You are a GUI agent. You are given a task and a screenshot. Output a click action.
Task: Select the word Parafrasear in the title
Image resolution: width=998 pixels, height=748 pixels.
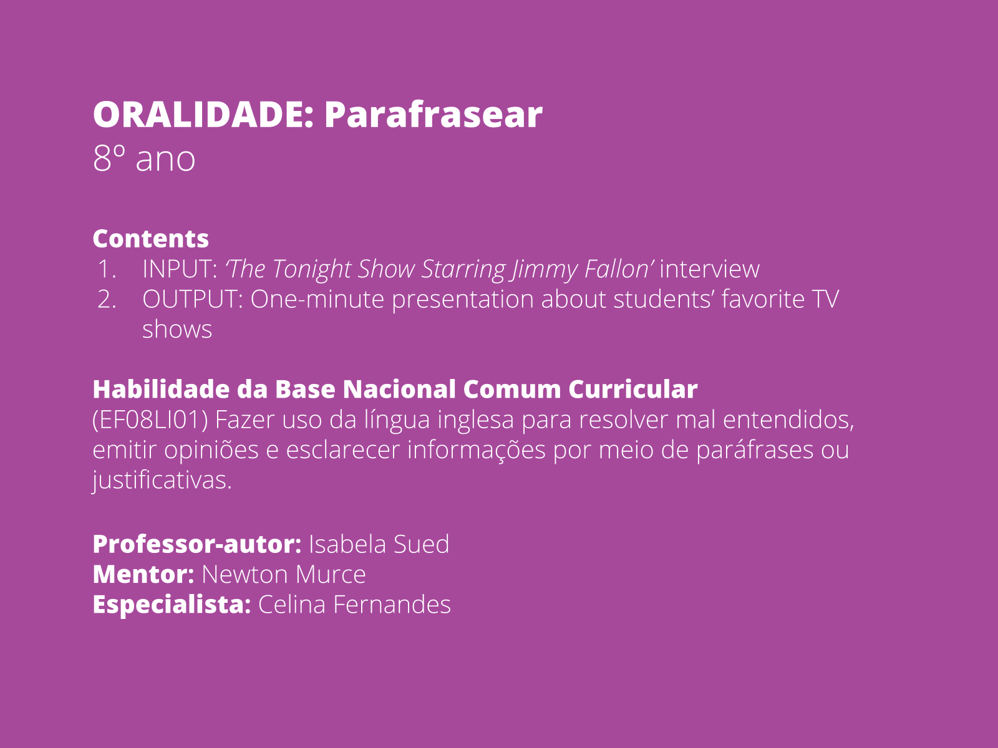(433, 115)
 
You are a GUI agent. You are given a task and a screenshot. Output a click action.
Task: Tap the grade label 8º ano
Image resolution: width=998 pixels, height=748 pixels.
(144, 158)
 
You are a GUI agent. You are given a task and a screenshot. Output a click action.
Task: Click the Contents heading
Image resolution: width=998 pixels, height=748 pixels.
(151, 239)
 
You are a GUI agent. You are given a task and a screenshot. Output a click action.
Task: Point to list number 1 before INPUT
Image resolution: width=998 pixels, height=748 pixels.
(107, 269)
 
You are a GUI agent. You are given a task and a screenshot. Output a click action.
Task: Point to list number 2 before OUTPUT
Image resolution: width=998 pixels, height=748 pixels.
(107, 299)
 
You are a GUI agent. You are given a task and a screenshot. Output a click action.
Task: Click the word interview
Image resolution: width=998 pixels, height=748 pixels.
(709, 269)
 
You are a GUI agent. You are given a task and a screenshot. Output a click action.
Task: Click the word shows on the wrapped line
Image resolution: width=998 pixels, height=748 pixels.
(177, 329)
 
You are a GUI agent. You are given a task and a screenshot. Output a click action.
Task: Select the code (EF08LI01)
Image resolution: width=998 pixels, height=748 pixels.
(150, 420)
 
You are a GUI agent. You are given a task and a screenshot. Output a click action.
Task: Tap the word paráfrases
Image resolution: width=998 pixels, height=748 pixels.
(755, 449)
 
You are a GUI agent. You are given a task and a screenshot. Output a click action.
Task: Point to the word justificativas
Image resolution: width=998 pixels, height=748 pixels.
(162, 480)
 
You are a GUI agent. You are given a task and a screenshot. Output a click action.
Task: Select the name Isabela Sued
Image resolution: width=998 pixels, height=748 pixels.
(379, 544)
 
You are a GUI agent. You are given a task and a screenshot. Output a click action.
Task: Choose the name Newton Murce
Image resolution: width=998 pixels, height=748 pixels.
(284, 574)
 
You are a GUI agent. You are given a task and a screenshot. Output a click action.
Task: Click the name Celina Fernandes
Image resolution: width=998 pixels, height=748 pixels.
(354, 605)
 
